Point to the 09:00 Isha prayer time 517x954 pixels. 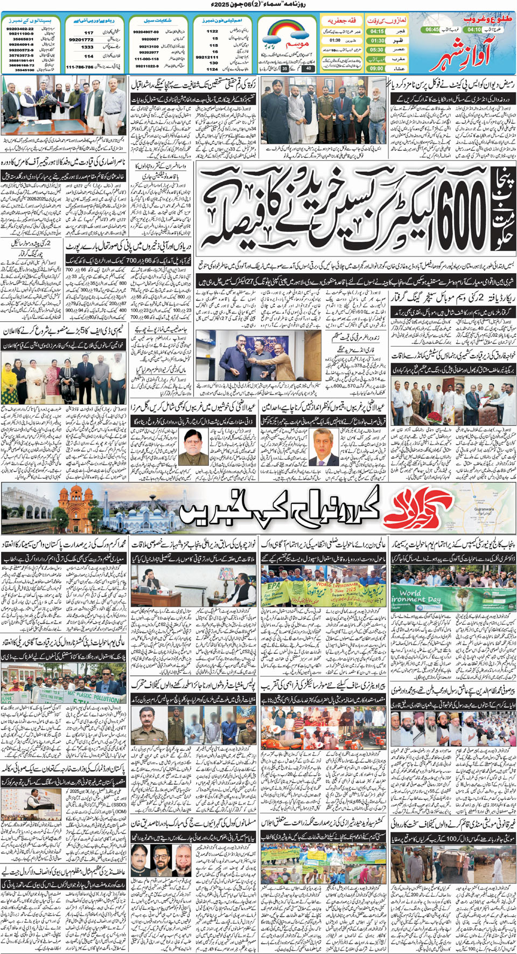377,68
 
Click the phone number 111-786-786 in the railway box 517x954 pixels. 80,67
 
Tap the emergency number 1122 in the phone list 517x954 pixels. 212,31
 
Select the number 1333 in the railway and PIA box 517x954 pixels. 87,47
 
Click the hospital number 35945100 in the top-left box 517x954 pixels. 24,70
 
